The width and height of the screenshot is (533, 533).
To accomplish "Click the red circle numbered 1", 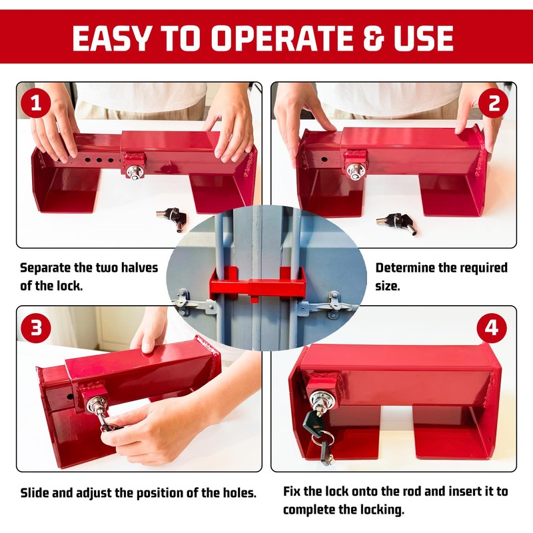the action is pos(36,103).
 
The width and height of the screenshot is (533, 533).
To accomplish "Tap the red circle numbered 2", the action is pos(494,103).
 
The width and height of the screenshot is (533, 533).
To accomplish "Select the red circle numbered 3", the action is pos(36,328).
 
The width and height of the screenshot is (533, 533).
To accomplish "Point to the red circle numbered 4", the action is pos(492,328).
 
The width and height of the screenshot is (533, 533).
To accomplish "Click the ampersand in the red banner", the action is pos(373,37).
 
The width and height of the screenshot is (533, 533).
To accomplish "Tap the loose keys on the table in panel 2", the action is pos(396,223).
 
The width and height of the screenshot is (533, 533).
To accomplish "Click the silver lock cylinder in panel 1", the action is pos(136,172).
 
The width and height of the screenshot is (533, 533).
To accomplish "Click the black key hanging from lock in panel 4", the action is pos(315,426).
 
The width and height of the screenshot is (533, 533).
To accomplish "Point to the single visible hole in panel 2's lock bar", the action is pos(324,159).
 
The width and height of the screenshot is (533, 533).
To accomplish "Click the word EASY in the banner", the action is pos(111,37).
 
